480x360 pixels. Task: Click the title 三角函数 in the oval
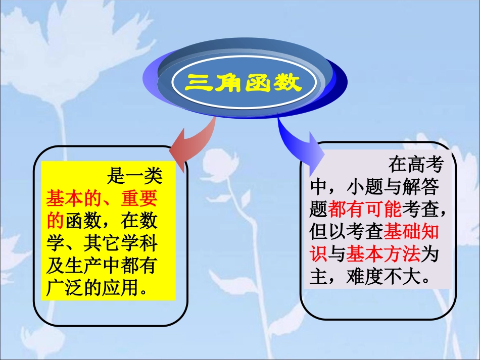coord(243,82)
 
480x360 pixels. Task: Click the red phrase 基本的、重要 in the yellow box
coord(102,198)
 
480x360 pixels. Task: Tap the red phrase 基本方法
coord(383,254)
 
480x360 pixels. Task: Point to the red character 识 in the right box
coord(318,254)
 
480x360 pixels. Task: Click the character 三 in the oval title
coord(196,82)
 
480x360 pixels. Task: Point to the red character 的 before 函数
coord(55,221)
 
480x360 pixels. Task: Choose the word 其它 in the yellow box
coord(104,243)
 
